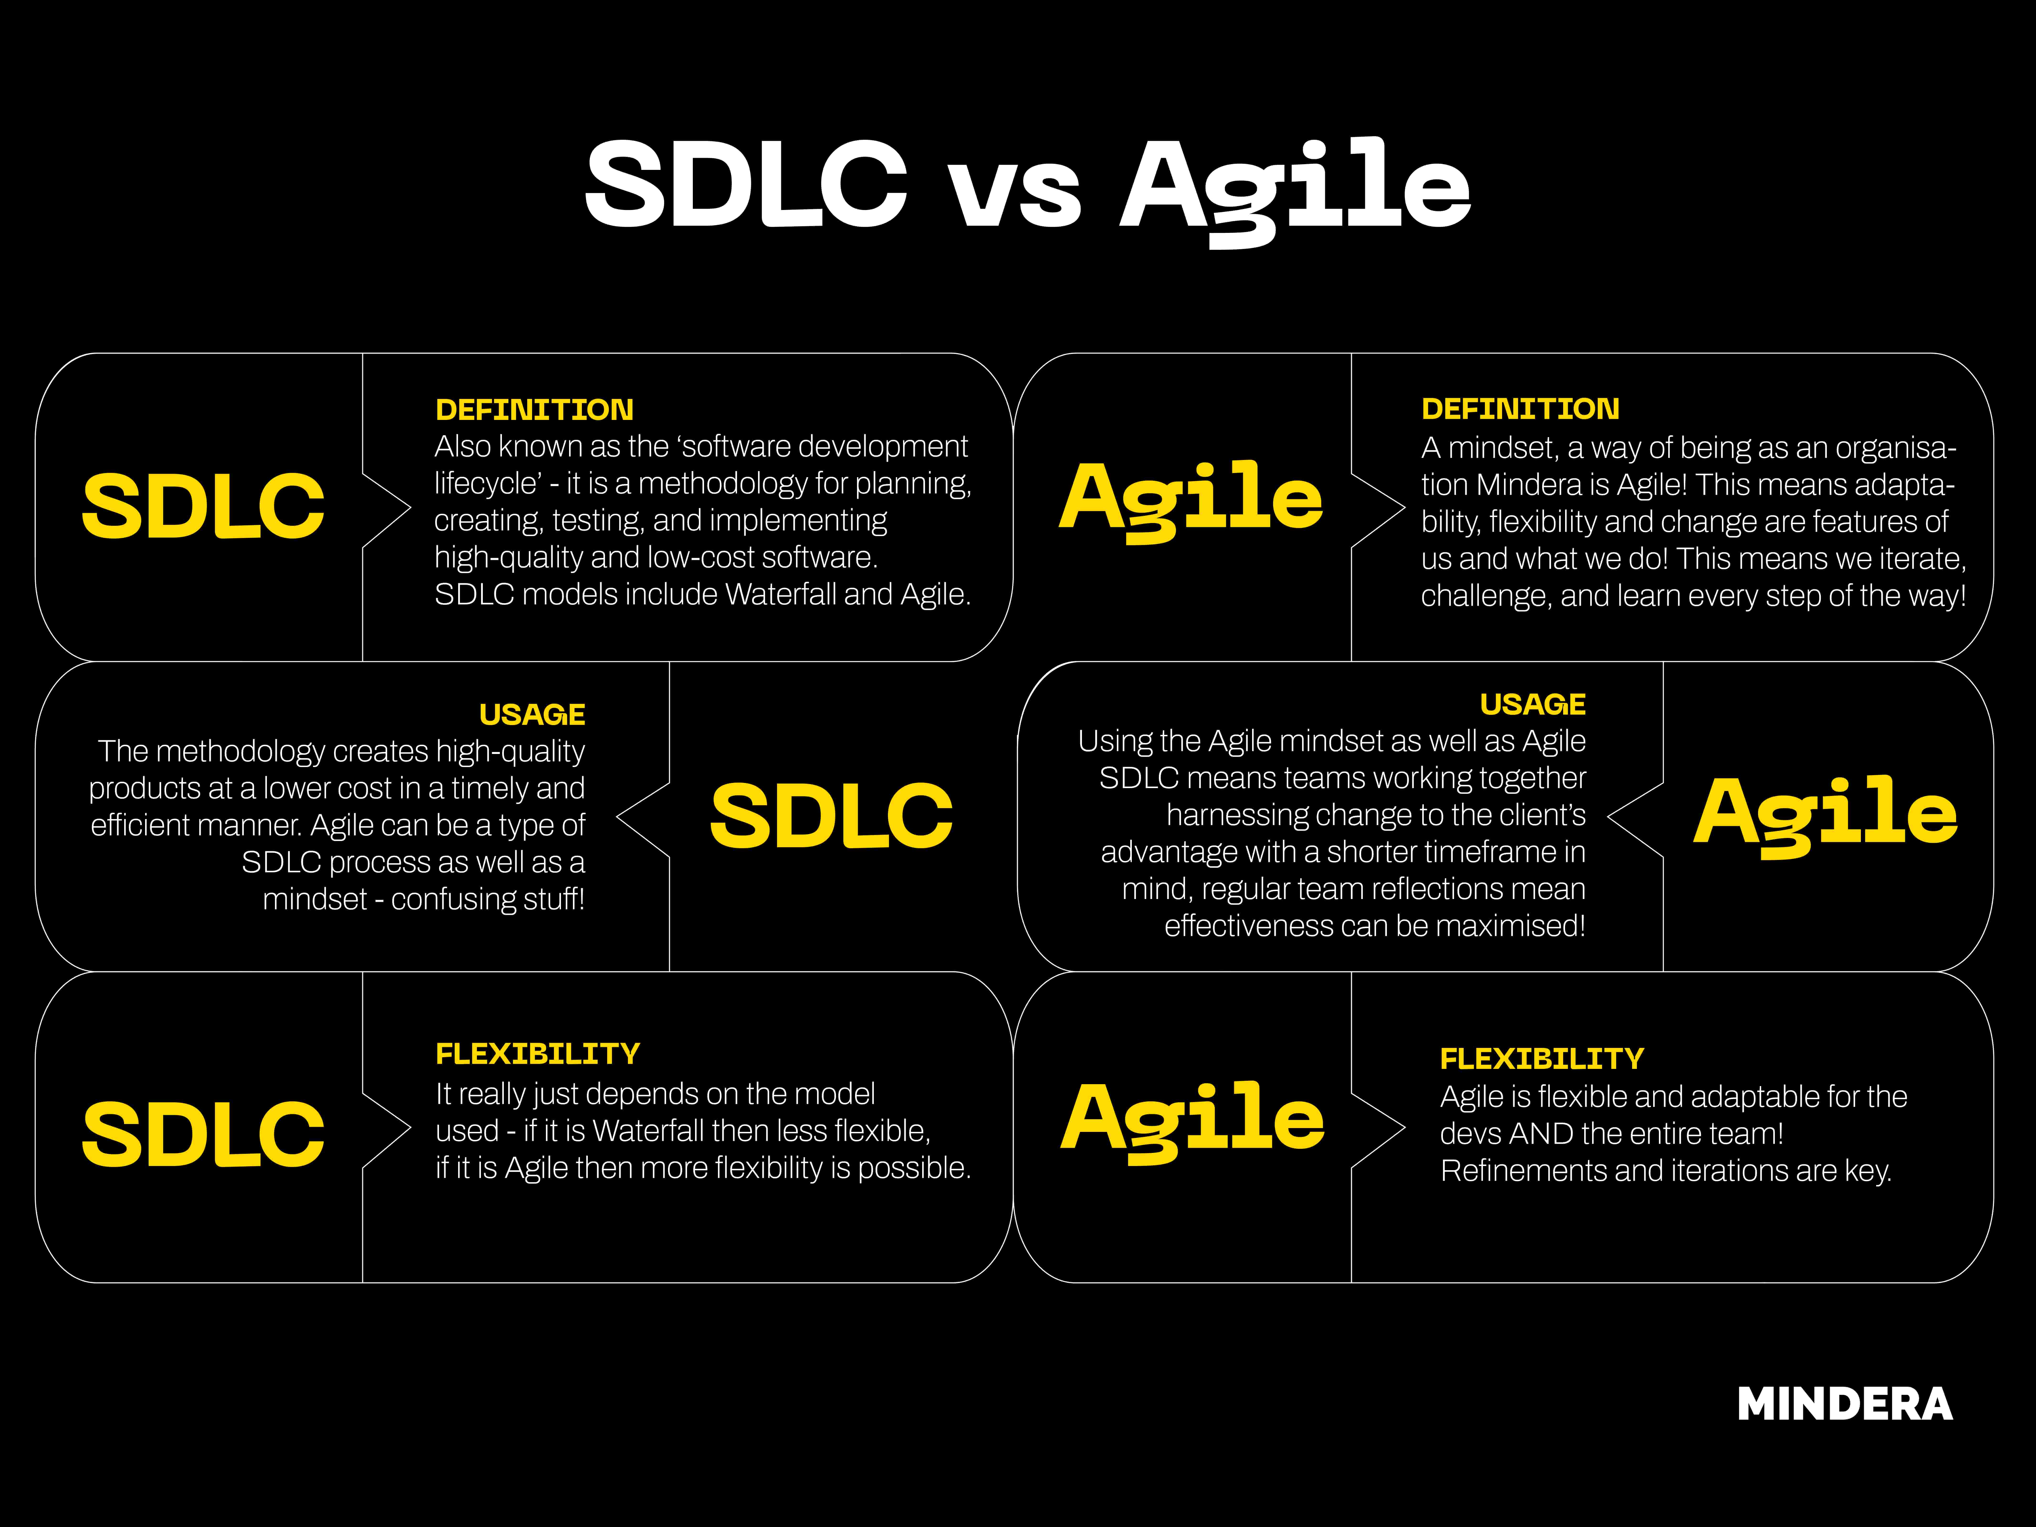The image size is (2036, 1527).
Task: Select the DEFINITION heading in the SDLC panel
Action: [534, 410]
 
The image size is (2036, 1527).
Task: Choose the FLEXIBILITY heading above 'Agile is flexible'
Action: [1542, 1058]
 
